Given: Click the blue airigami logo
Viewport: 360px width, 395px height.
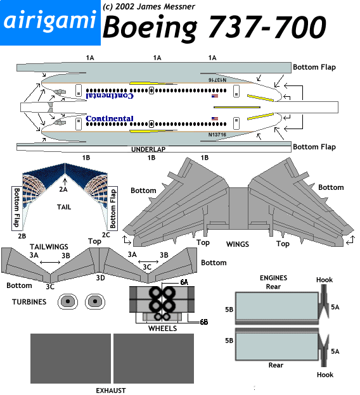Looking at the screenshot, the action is pos(50,23).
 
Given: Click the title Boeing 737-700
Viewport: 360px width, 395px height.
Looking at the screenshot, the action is pos(214,27).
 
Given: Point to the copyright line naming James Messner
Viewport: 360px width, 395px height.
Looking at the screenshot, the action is pos(149,6).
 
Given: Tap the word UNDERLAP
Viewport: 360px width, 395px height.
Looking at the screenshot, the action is pos(148,149).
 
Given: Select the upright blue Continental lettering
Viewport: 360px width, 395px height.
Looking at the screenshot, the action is pos(110,118).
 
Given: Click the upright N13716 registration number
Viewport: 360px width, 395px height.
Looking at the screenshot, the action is pos(217,135).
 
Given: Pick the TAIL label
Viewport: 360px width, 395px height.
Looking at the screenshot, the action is pos(64,207).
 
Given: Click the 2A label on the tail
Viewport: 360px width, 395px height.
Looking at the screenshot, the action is pos(63,189).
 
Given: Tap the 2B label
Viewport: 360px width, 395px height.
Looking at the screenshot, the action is pos(22,236).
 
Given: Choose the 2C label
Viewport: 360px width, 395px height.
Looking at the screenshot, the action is pos(106,235).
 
